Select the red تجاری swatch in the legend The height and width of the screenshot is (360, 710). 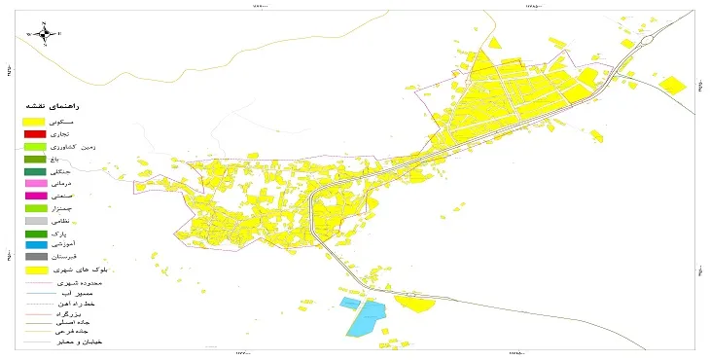(35, 133)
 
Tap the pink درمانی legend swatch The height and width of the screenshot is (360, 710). (35, 183)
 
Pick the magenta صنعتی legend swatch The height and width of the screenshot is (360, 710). (35, 196)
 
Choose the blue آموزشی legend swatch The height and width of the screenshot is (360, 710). (35, 244)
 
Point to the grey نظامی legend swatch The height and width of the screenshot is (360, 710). (35, 220)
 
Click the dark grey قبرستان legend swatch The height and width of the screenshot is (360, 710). (35, 256)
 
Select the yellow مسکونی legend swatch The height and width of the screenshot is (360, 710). (35, 120)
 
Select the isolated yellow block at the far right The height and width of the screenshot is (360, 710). (673, 85)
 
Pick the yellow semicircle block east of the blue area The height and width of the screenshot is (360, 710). (417, 304)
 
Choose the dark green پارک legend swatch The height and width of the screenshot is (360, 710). (35, 233)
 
